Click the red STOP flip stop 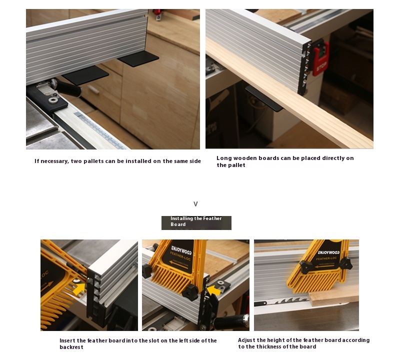click(320, 59)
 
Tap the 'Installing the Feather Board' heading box click(196, 222)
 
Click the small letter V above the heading click(195, 204)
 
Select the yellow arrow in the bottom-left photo click(79, 288)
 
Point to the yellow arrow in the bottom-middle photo click(214, 290)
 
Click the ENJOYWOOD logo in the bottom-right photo click(328, 252)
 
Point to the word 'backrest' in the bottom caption click(71, 347)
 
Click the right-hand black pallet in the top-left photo click(138, 58)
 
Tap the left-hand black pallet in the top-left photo click(85, 75)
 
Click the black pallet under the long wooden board click(264, 98)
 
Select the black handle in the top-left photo click(68, 88)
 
